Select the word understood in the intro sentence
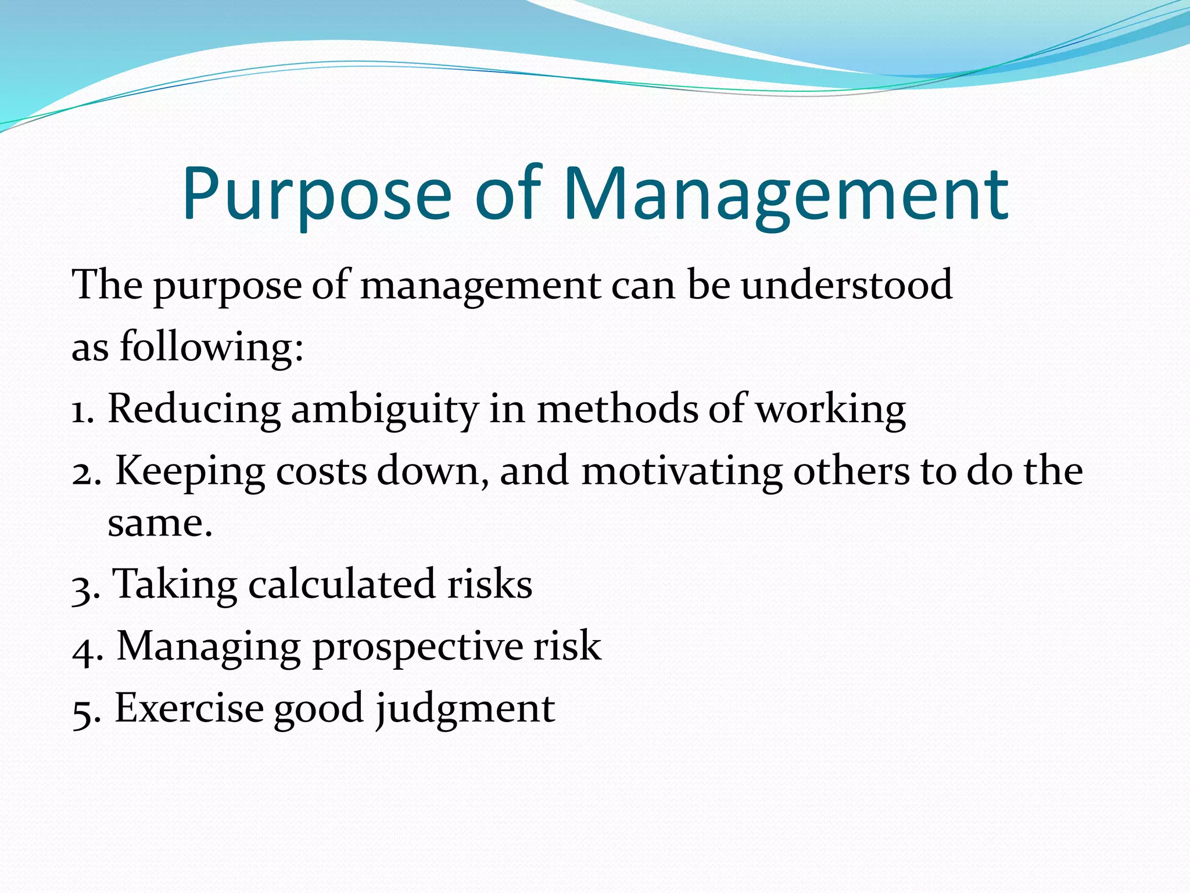point(847,285)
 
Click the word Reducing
point(194,410)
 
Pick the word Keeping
point(189,472)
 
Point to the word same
point(159,524)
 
